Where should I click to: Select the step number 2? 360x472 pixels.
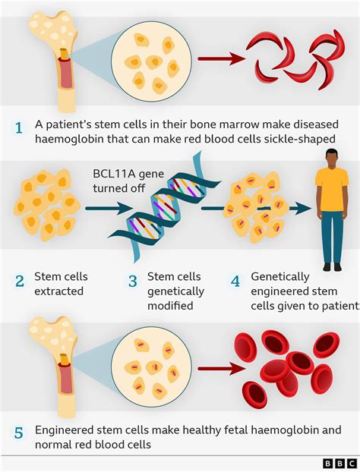[19, 282]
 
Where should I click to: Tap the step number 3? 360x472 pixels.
[132, 282]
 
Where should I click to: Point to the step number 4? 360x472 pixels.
[235, 282]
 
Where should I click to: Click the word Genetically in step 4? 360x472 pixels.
[281, 278]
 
